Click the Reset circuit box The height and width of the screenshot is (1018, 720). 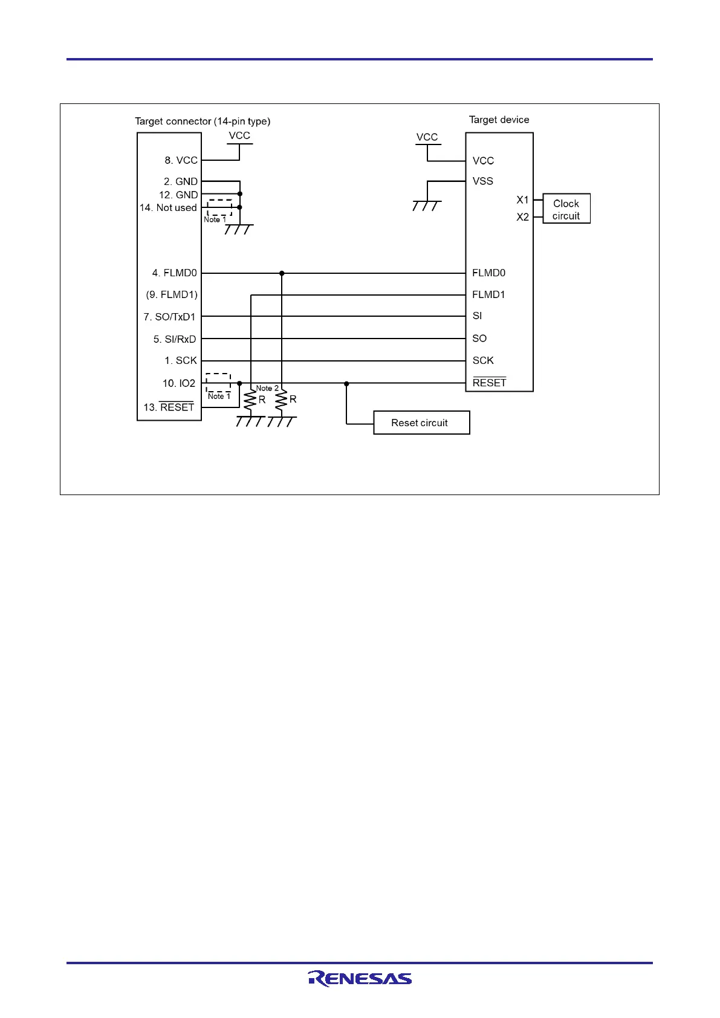pyautogui.click(x=421, y=423)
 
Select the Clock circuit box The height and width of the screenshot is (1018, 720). pyautogui.click(x=566, y=209)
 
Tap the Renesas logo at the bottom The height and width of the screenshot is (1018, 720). pyautogui.click(x=360, y=978)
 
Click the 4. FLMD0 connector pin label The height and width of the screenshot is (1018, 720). pyautogui.click(x=174, y=273)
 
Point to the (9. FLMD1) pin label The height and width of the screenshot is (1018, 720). pyautogui.click(x=172, y=294)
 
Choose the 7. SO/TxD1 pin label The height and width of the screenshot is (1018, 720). pyautogui.click(x=169, y=317)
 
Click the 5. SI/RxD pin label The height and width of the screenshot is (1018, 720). pyautogui.click(x=174, y=339)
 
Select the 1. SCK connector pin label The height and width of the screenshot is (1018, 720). pyautogui.click(x=180, y=360)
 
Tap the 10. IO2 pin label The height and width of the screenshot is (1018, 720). pyautogui.click(x=178, y=383)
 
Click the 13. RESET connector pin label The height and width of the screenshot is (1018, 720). pyautogui.click(x=169, y=407)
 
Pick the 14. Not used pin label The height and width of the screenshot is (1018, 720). pyautogui.click(x=168, y=207)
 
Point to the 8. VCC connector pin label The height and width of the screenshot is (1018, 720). pyautogui.click(x=181, y=160)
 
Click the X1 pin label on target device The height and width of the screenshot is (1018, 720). pyautogui.click(x=522, y=199)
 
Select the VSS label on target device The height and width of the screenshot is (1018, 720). pyautogui.click(x=482, y=181)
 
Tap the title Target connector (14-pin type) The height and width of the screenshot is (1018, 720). pyautogui.click(x=203, y=121)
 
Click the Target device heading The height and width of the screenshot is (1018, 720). pyautogui.click(x=499, y=120)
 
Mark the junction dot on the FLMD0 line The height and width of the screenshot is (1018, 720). pyautogui.click(x=282, y=273)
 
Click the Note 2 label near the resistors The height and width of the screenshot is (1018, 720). pyautogui.click(x=267, y=388)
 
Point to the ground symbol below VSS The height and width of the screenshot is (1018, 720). pyautogui.click(x=426, y=206)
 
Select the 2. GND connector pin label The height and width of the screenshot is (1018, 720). pyautogui.click(x=180, y=181)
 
